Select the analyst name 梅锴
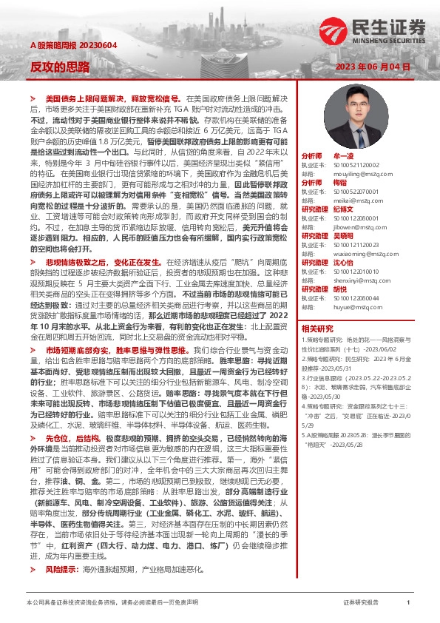[x=340, y=181]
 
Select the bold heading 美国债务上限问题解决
[x=87, y=98]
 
